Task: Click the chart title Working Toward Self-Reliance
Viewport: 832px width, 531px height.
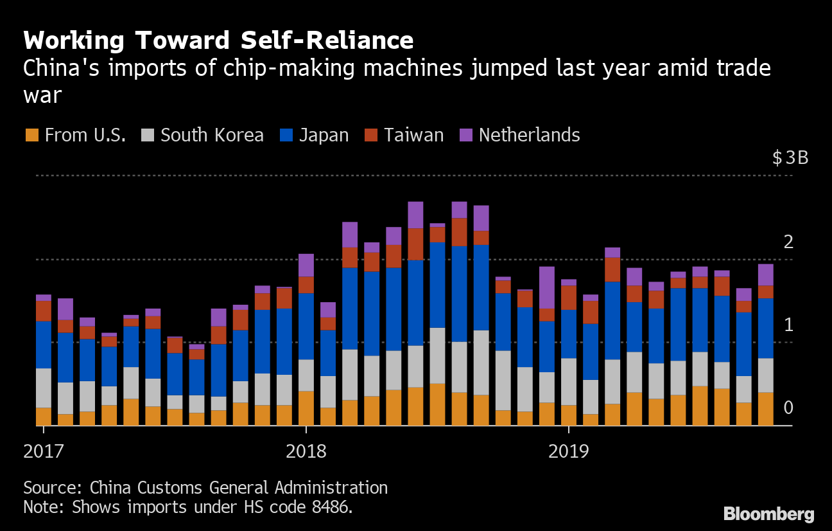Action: (218, 40)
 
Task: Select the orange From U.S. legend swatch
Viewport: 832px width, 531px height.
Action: (31, 135)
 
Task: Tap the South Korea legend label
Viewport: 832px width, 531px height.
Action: (212, 135)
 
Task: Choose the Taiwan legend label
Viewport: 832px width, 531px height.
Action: (414, 135)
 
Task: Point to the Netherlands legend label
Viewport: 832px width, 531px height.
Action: (529, 135)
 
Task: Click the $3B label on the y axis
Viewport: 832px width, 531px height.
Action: (790, 158)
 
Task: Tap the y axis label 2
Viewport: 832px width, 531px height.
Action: (788, 242)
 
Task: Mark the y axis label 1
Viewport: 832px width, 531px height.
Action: (788, 325)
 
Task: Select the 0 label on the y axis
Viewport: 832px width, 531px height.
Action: (788, 408)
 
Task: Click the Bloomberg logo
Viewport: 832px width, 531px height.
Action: (768, 514)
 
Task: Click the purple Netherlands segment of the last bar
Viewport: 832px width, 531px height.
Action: (765, 274)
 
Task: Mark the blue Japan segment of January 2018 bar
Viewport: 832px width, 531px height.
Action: (307, 326)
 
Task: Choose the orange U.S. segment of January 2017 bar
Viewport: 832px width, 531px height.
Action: (44, 417)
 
